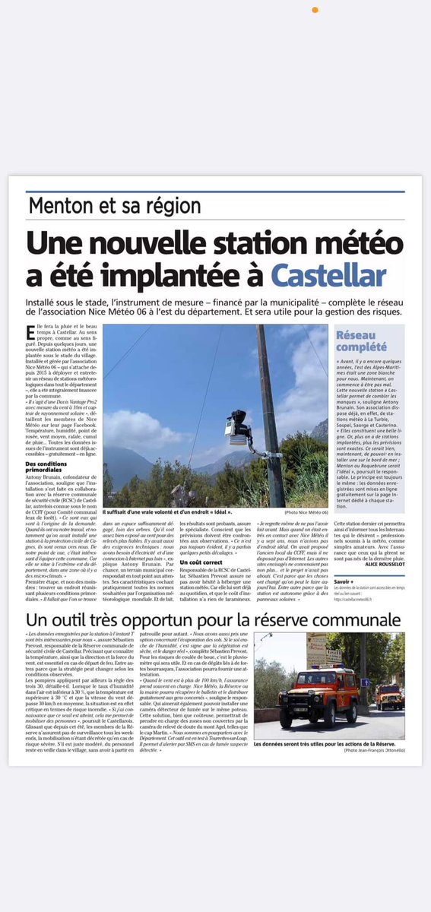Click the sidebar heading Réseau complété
pyautogui.click(x=357, y=340)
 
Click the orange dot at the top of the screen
pyautogui.click(x=315, y=10)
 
